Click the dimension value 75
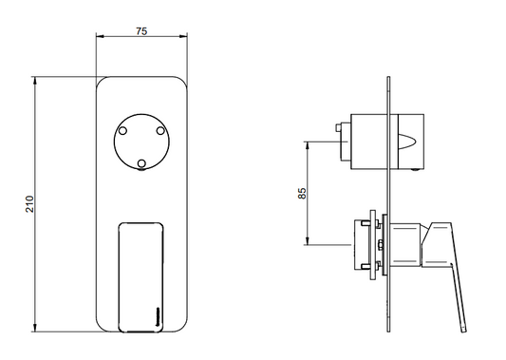click(x=141, y=31)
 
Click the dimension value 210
click(x=29, y=203)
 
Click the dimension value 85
click(x=302, y=193)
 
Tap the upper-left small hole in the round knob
click(x=122, y=131)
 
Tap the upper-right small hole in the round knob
click(x=160, y=131)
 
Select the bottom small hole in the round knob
click(x=141, y=163)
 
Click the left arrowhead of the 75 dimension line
click(x=100, y=36)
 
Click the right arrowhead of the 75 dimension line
click(x=183, y=36)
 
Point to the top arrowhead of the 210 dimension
click(x=35, y=81)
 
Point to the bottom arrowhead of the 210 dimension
click(x=35, y=328)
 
